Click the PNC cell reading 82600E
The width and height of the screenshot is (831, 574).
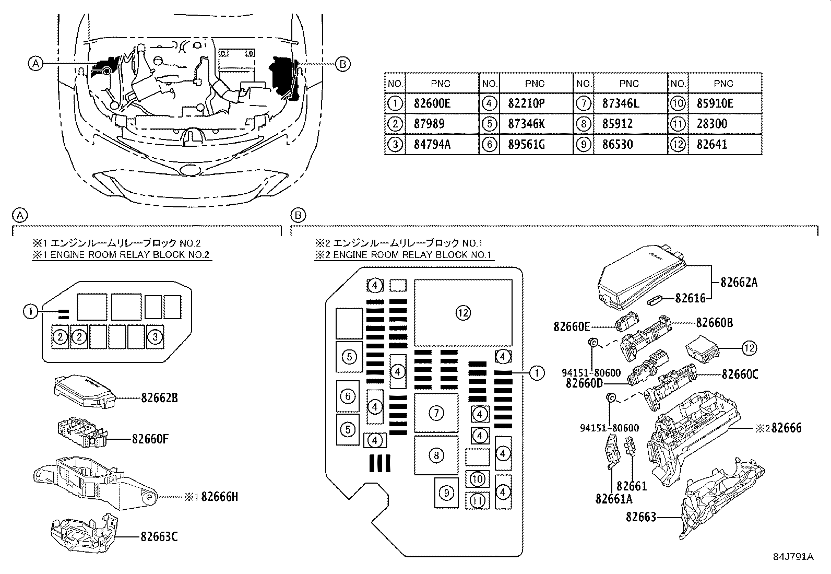(431, 103)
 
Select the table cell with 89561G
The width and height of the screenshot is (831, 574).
(526, 145)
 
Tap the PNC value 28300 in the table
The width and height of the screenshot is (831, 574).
(711, 124)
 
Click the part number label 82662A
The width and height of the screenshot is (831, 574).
(739, 283)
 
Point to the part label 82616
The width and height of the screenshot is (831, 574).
(690, 298)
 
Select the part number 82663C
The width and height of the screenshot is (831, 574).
(159, 536)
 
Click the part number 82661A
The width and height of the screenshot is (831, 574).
(614, 498)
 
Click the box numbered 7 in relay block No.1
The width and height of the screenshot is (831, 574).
(436, 413)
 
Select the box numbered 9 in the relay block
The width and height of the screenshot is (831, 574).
(446, 493)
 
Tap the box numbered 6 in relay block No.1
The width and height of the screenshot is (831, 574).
(348, 396)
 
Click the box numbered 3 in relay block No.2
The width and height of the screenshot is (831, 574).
(155, 337)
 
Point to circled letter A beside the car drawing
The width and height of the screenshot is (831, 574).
(35, 64)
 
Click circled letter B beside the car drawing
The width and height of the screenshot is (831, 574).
(342, 64)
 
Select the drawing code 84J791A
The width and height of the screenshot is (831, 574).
(793, 557)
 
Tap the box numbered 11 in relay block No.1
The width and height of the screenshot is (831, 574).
(477, 500)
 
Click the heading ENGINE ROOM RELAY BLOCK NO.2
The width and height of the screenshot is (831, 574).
(121, 255)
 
